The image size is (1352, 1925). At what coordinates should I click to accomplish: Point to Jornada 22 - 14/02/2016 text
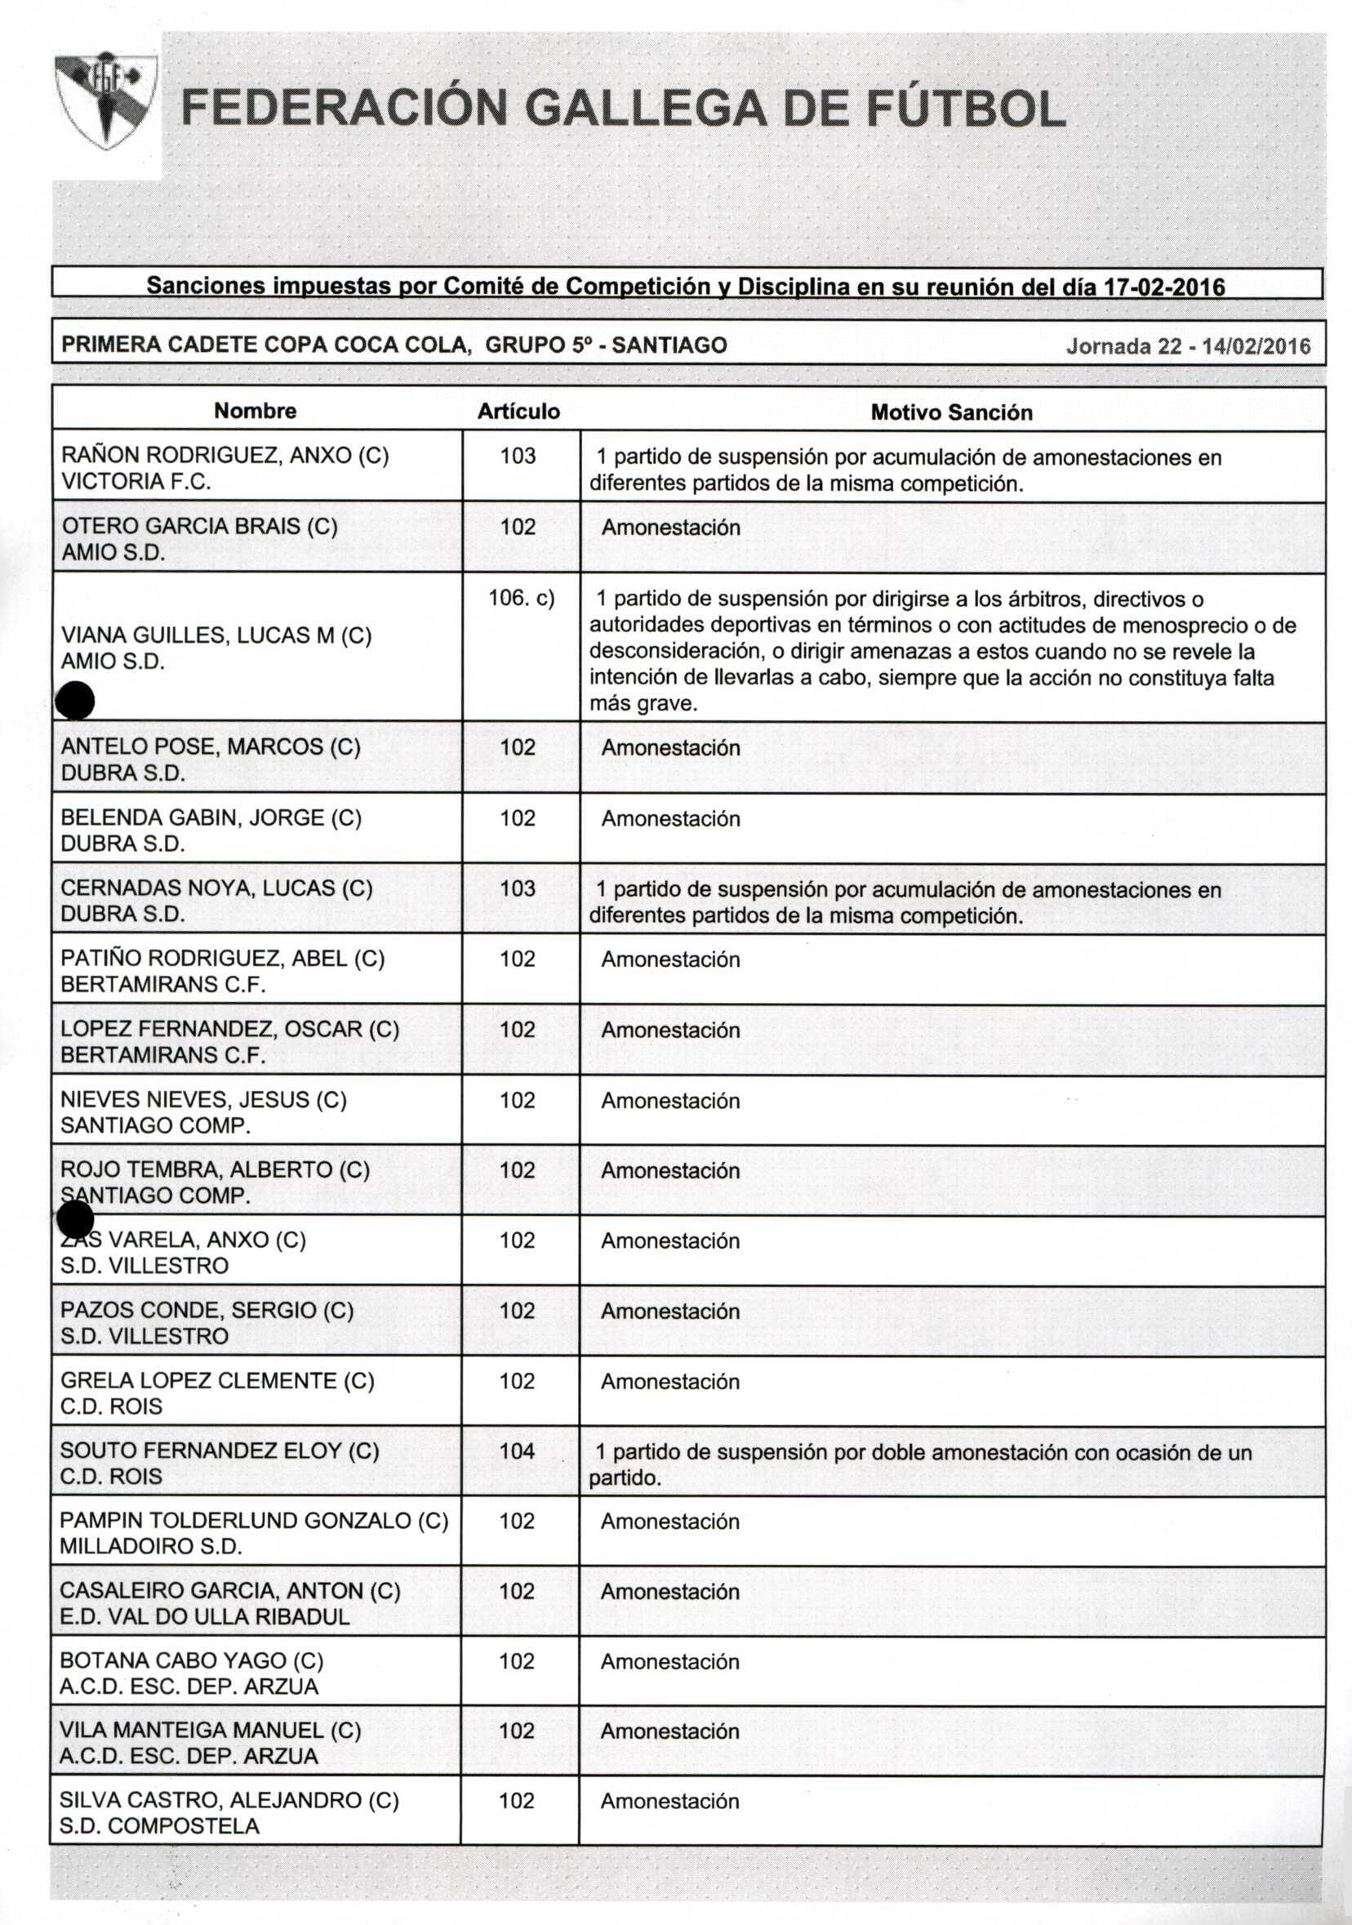(1188, 346)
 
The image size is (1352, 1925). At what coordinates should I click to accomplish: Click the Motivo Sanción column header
(951, 412)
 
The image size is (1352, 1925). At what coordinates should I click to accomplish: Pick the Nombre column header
(255, 411)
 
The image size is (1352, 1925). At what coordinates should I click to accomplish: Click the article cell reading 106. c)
(522, 599)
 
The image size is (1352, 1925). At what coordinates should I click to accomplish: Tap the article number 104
(517, 1451)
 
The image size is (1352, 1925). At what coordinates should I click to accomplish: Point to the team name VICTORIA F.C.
(136, 482)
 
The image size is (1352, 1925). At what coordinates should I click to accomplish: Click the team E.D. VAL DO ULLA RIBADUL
(205, 1616)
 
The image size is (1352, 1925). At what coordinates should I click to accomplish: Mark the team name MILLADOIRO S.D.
(151, 1547)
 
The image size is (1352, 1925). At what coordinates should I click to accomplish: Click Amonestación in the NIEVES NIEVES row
(670, 1101)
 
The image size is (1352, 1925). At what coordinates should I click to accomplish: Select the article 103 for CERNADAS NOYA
(518, 888)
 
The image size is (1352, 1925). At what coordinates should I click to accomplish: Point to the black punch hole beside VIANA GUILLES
(74, 700)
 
